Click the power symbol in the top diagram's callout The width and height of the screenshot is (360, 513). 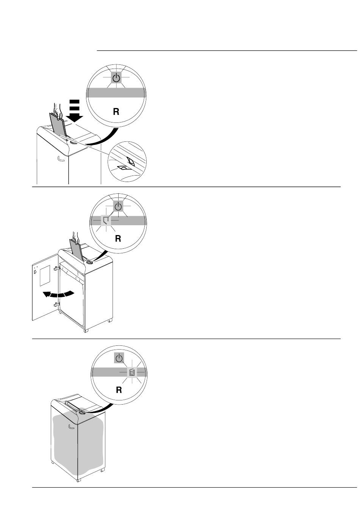(x=116, y=78)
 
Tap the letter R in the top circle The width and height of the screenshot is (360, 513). (x=116, y=111)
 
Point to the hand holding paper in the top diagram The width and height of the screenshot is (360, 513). (x=58, y=111)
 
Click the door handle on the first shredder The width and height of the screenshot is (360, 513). (x=61, y=159)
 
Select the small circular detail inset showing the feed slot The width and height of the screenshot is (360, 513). (x=127, y=162)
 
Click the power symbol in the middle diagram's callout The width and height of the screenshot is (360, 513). (x=118, y=206)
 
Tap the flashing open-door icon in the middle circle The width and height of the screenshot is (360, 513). (x=106, y=220)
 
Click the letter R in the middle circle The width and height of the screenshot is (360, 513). (x=118, y=238)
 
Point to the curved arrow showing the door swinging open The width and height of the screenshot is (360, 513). (x=58, y=294)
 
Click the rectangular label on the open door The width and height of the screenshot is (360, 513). (x=45, y=276)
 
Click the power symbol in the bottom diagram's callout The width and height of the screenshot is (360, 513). (x=119, y=358)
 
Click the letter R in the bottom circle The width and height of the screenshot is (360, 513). (x=119, y=389)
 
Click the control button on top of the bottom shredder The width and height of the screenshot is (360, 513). (x=82, y=413)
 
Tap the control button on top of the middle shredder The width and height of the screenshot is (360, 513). (x=89, y=262)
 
